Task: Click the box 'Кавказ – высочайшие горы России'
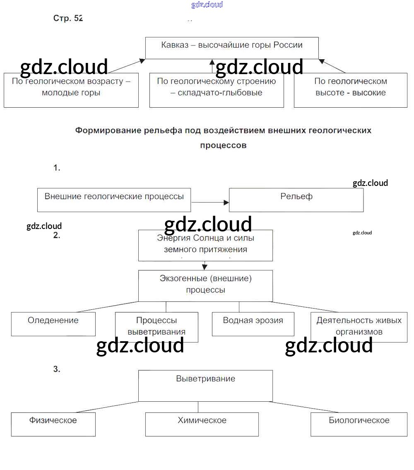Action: pos(232,48)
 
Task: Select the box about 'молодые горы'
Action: pos(71,90)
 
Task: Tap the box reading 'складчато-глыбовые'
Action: pos(217,90)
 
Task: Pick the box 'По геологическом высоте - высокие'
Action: pos(350,90)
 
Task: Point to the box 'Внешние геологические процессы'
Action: pos(114,200)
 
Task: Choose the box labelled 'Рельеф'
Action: pos(296,200)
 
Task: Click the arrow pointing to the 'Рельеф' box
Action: pos(210,202)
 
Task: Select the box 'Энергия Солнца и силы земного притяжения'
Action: pos(205,245)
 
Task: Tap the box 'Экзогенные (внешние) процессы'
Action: pos(205,286)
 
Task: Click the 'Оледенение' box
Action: pos(53,324)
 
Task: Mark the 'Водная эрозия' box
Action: pos(253,324)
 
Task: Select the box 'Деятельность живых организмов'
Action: pos(359,327)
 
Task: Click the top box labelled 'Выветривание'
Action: pos(205,386)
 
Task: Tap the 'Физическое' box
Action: pos(53,424)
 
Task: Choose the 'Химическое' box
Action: pos(202,424)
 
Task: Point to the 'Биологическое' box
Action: pos(359,424)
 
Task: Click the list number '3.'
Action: pos(57,369)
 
